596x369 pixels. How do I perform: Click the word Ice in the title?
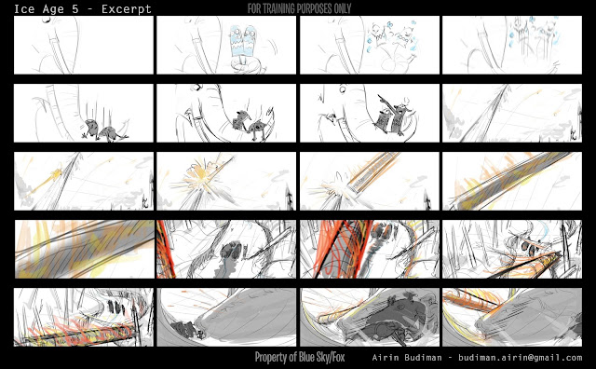pyautogui.click(x=24, y=8)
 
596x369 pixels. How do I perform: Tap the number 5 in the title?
pyautogui.click(x=74, y=8)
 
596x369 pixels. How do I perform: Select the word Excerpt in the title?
pyautogui.click(x=127, y=9)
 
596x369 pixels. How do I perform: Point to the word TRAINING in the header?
pyautogui.click(x=282, y=8)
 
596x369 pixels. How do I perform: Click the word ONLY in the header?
pyautogui.click(x=342, y=8)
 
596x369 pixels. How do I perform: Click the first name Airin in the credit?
pyautogui.click(x=385, y=358)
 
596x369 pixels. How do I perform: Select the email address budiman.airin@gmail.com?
pyautogui.click(x=520, y=358)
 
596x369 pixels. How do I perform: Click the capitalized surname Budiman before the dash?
pyautogui.click(x=423, y=358)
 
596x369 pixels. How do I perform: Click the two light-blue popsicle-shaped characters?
pyautogui.click(x=243, y=42)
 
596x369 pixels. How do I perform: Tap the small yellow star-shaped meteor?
pyautogui.click(x=57, y=174)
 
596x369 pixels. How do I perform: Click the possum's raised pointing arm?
pyautogui.click(x=386, y=100)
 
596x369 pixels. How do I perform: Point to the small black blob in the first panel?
pyautogui.click(x=47, y=21)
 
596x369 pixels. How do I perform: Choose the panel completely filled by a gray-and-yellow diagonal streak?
pyautogui.click(x=85, y=249)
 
